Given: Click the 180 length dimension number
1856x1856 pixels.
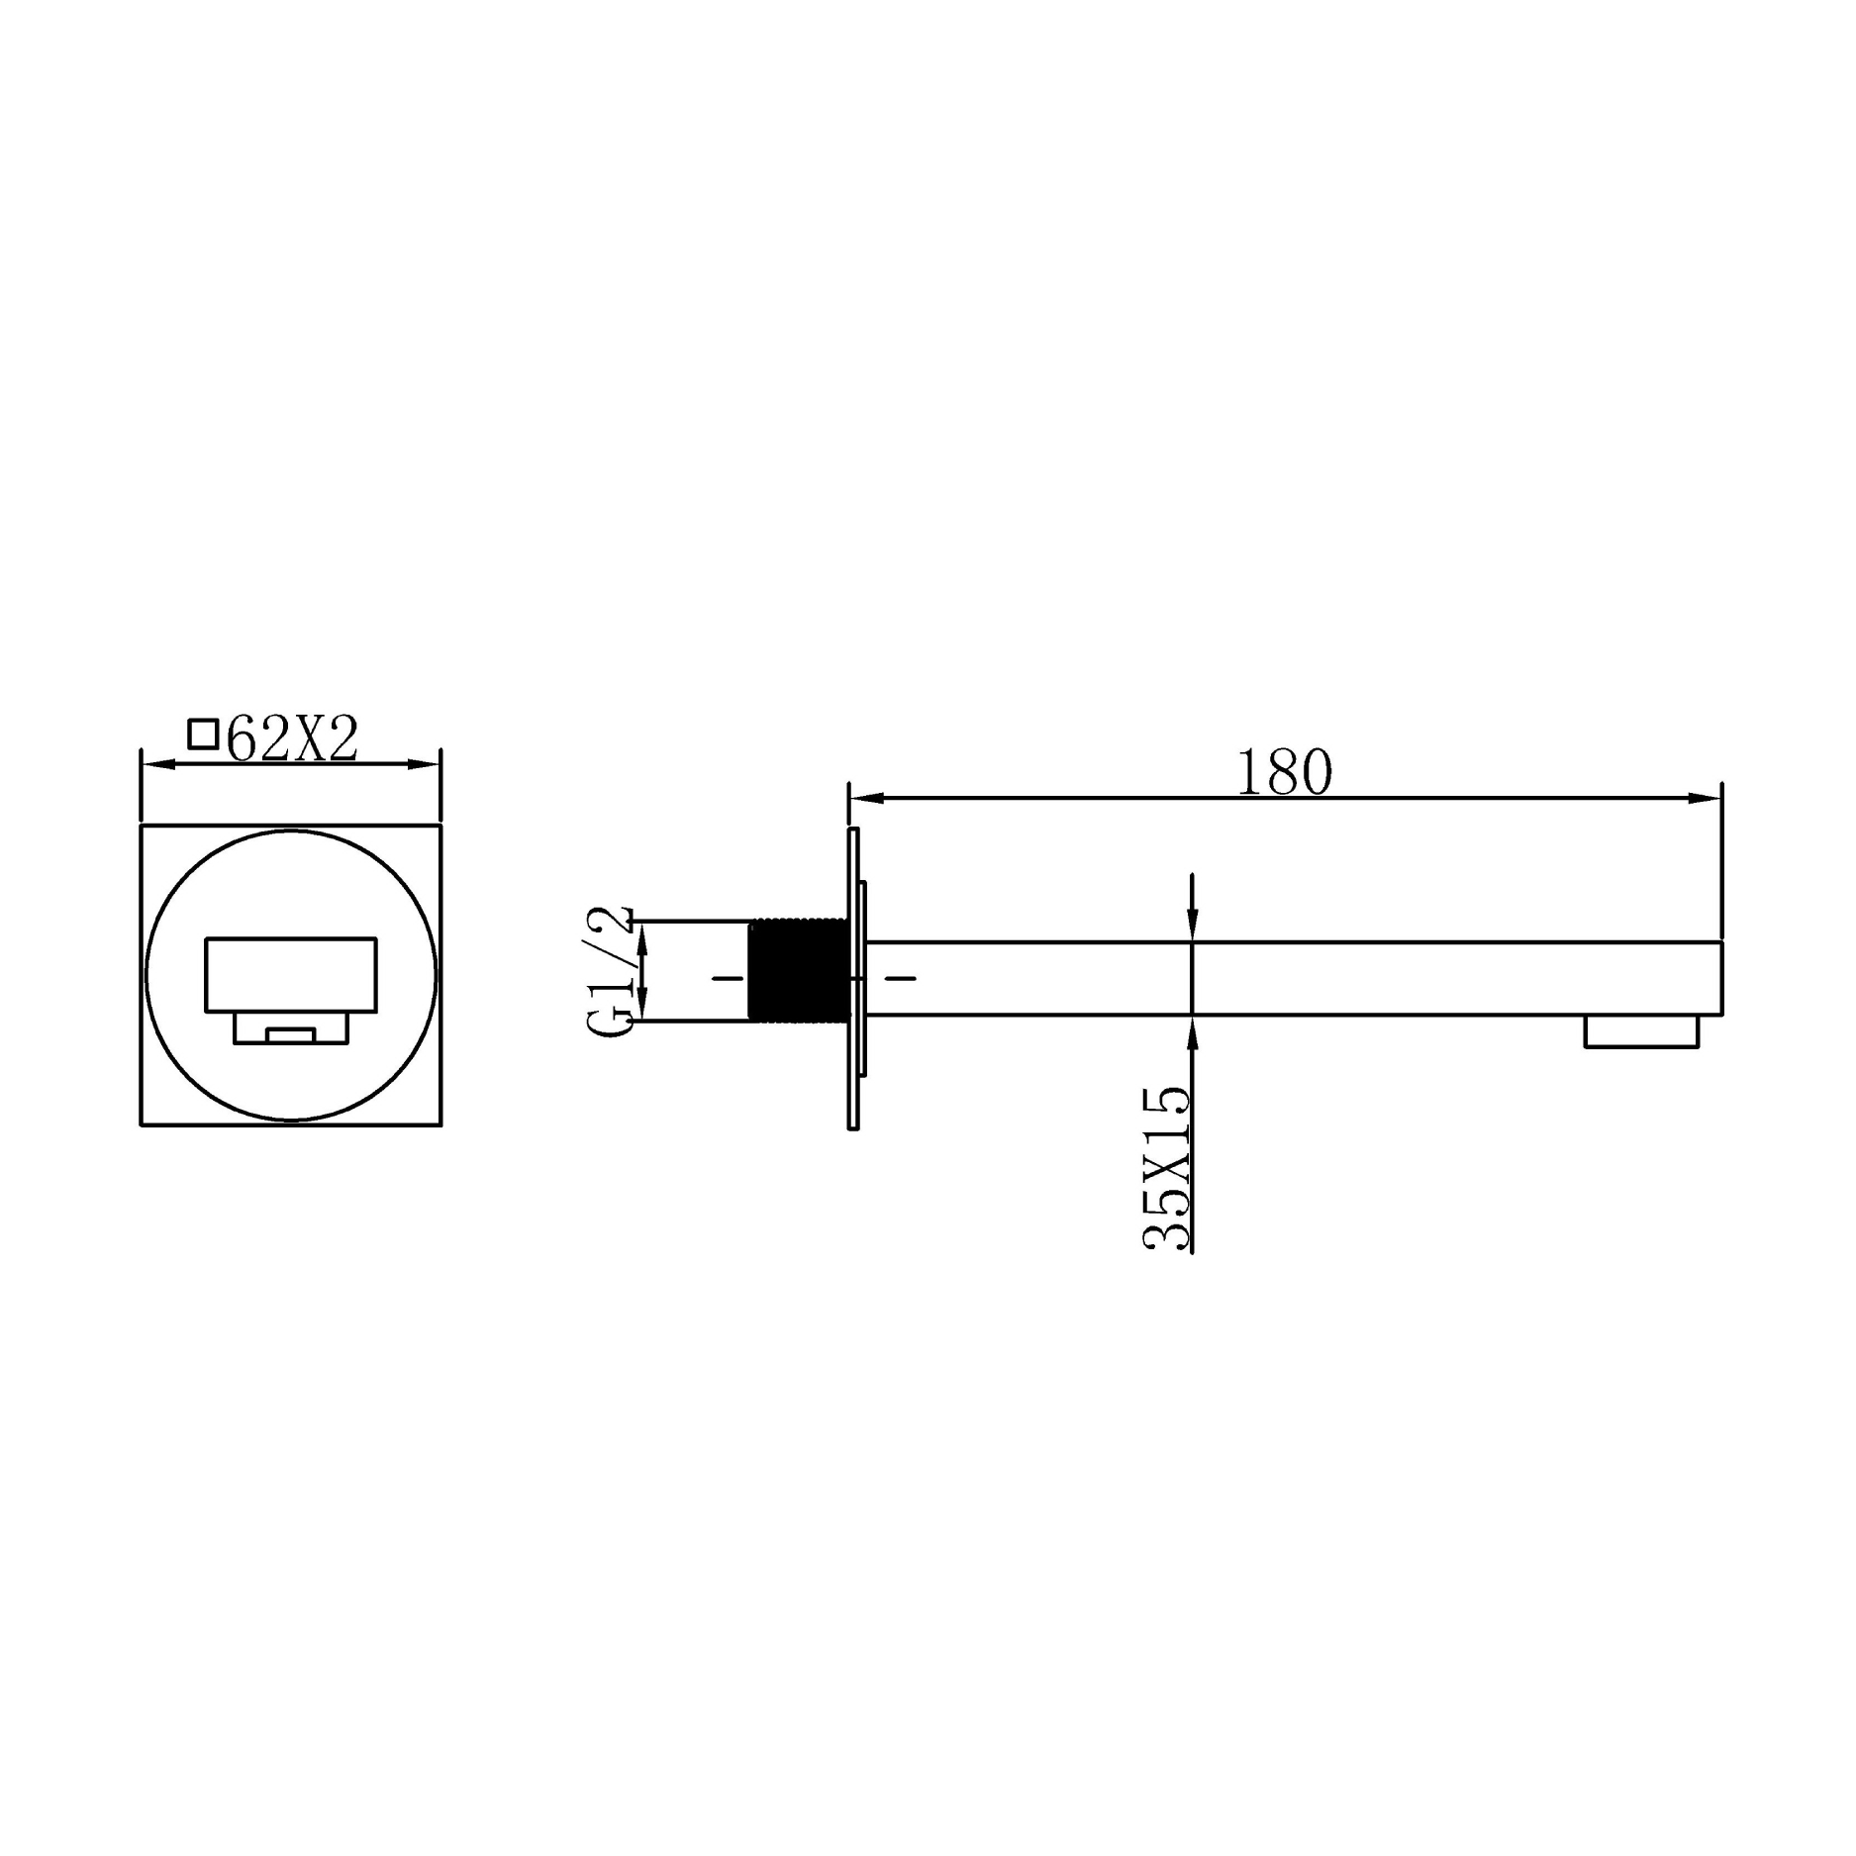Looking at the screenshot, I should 1284,773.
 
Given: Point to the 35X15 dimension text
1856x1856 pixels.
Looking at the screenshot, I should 1167,1170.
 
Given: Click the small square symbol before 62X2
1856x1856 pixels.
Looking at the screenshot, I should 203,734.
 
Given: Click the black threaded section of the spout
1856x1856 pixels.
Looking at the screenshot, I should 798,970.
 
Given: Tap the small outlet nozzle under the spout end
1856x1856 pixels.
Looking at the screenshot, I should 1640,1031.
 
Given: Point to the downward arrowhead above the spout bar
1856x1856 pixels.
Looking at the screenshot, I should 1192,926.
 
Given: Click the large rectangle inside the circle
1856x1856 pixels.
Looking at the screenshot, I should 291,974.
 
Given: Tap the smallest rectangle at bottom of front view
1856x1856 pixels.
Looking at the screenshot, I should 291,1035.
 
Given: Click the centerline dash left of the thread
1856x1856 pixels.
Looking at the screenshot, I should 728,979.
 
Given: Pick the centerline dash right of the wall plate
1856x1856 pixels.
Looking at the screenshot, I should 900,979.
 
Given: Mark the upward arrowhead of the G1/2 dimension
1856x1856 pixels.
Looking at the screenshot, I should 641,937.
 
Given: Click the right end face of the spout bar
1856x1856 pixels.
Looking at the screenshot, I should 1721,978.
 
